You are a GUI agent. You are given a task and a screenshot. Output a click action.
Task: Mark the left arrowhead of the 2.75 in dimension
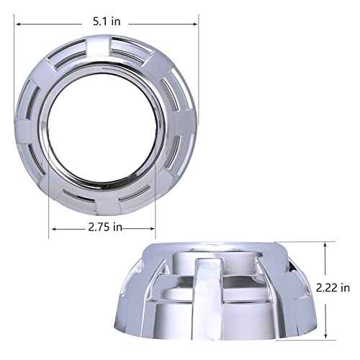53,228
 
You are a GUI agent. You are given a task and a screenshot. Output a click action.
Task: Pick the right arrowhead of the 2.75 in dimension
153,228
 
